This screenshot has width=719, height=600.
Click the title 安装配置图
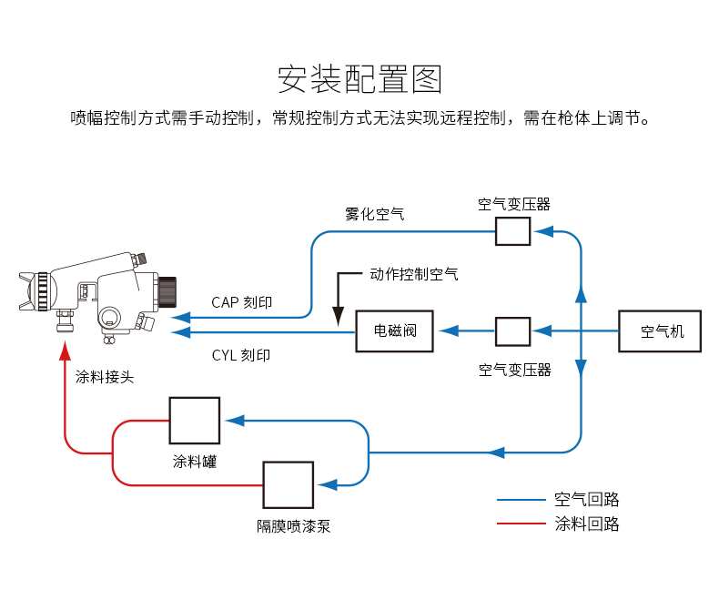point(359,79)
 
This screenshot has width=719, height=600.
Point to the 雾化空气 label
point(375,214)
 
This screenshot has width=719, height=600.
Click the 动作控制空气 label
point(414,274)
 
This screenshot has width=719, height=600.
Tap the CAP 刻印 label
point(242,302)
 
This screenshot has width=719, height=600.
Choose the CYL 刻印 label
point(241,355)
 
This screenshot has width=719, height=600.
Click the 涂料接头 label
point(105,377)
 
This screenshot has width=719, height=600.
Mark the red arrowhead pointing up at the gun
point(66,350)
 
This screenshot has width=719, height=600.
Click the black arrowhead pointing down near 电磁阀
point(339,317)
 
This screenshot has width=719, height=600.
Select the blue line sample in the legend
point(522,500)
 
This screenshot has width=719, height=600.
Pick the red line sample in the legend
point(522,523)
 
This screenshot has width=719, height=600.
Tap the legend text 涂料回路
point(587,524)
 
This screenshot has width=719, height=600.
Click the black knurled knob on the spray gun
point(167,291)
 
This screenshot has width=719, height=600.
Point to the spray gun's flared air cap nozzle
point(27,290)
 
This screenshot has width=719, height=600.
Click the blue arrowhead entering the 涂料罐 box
point(235,421)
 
